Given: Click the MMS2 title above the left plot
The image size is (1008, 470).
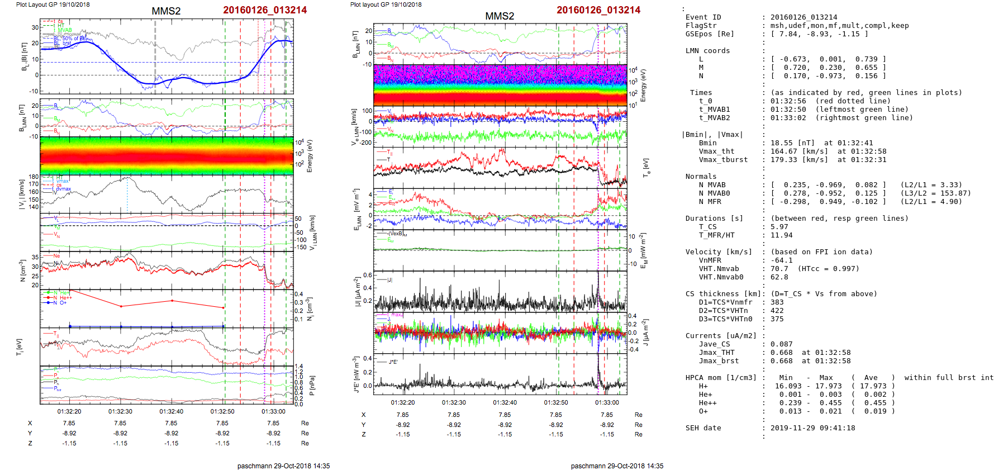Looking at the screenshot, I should pyautogui.click(x=166, y=11).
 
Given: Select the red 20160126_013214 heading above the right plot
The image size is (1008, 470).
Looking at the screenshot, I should pyautogui.click(x=598, y=10).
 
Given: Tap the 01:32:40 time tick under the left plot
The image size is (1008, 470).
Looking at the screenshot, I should pyautogui.click(x=172, y=411).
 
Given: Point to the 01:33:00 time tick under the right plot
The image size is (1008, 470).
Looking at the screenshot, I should pyautogui.click(x=607, y=402).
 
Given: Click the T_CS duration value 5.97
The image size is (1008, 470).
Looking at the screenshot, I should pyautogui.click(x=779, y=227).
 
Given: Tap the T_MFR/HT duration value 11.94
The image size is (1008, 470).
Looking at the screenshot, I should pyautogui.click(x=781, y=235).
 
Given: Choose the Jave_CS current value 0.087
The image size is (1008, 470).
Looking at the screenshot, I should pyautogui.click(x=781, y=344).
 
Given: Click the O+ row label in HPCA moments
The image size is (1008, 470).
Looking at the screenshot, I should pyautogui.click(x=703, y=411).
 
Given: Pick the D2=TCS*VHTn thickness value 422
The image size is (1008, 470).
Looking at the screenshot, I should pyautogui.click(x=777, y=311).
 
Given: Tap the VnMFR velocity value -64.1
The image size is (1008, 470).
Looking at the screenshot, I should pyautogui.click(x=781, y=260).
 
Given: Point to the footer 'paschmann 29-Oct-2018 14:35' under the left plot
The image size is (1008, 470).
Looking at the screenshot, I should pyautogui.click(x=283, y=466).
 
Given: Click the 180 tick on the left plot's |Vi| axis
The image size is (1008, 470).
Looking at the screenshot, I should pyautogui.click(x=34, y=177).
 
